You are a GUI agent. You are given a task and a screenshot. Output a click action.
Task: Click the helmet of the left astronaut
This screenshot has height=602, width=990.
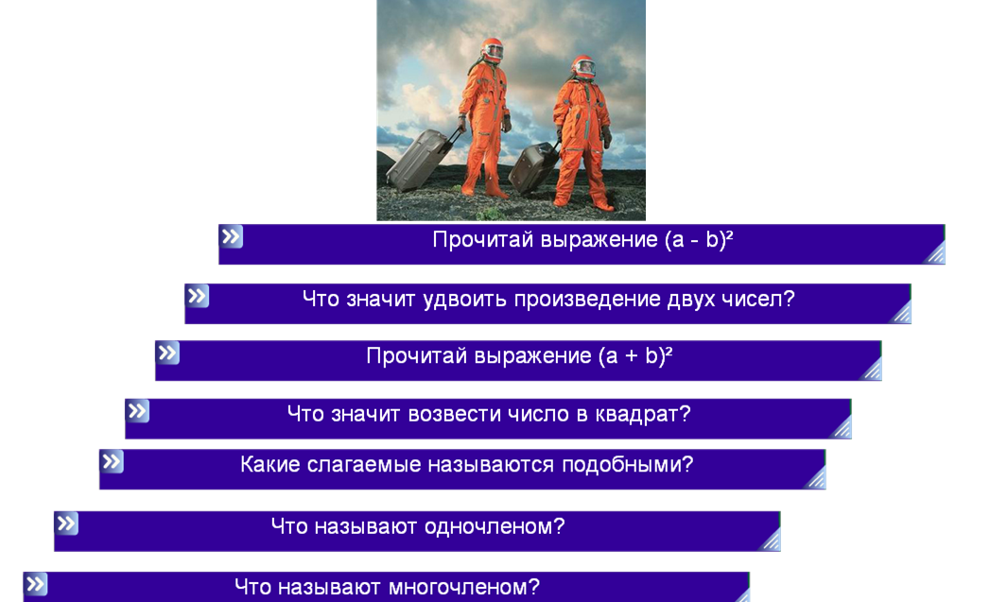coord(492,50)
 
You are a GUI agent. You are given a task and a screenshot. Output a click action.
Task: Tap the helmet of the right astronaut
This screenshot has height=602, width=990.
coord(584,67)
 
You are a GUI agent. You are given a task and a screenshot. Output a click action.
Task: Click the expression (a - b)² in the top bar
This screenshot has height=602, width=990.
coord(699,240)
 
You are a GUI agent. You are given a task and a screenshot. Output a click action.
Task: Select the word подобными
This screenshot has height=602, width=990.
coord(628,465)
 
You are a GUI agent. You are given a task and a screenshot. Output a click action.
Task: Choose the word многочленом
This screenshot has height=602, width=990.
coord(464,588)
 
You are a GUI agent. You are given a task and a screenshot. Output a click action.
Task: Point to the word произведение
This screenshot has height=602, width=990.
coord(587,300)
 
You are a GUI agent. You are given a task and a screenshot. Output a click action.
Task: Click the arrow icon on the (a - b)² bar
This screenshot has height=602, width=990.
coord(231,236)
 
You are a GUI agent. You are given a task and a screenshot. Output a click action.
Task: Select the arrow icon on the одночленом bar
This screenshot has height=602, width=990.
coord(66,524)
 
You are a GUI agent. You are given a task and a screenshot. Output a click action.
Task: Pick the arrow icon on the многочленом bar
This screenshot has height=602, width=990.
coord(35,584)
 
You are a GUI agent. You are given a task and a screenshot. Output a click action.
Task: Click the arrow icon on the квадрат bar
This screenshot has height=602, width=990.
coord(138,411)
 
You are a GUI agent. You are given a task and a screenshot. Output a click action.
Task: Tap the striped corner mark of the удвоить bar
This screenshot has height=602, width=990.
coord(901,313)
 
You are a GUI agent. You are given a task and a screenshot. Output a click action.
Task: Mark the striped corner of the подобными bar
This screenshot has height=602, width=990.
coord(816,478)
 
